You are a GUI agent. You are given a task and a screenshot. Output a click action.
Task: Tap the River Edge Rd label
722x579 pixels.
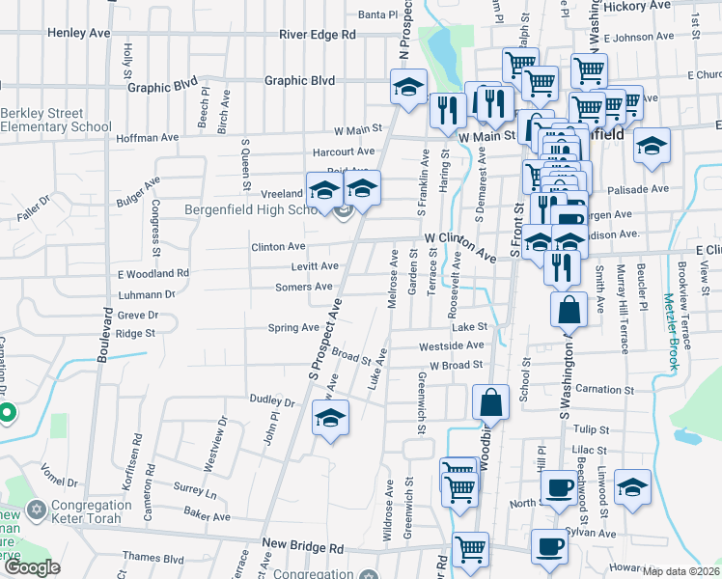318,34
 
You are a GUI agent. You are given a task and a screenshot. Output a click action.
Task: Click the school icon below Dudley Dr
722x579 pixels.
330,419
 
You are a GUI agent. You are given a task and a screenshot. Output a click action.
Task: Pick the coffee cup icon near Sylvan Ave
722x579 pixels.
549,546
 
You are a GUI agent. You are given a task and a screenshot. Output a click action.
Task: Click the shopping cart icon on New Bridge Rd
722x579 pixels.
470,549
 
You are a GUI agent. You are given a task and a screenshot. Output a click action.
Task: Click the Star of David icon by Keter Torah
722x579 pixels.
38,509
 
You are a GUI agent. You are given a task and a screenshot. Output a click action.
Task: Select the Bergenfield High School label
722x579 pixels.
252,209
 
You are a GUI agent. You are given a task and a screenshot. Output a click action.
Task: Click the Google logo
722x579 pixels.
31,567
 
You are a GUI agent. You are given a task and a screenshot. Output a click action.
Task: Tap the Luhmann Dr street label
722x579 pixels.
146,294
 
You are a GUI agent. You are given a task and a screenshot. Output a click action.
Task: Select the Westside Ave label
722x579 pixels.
451,345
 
